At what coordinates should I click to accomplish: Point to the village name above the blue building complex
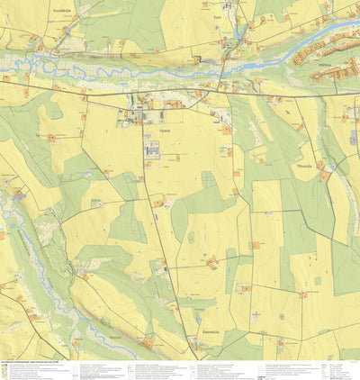pos(162,133)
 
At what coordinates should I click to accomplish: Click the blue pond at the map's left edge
pos(18,195)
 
